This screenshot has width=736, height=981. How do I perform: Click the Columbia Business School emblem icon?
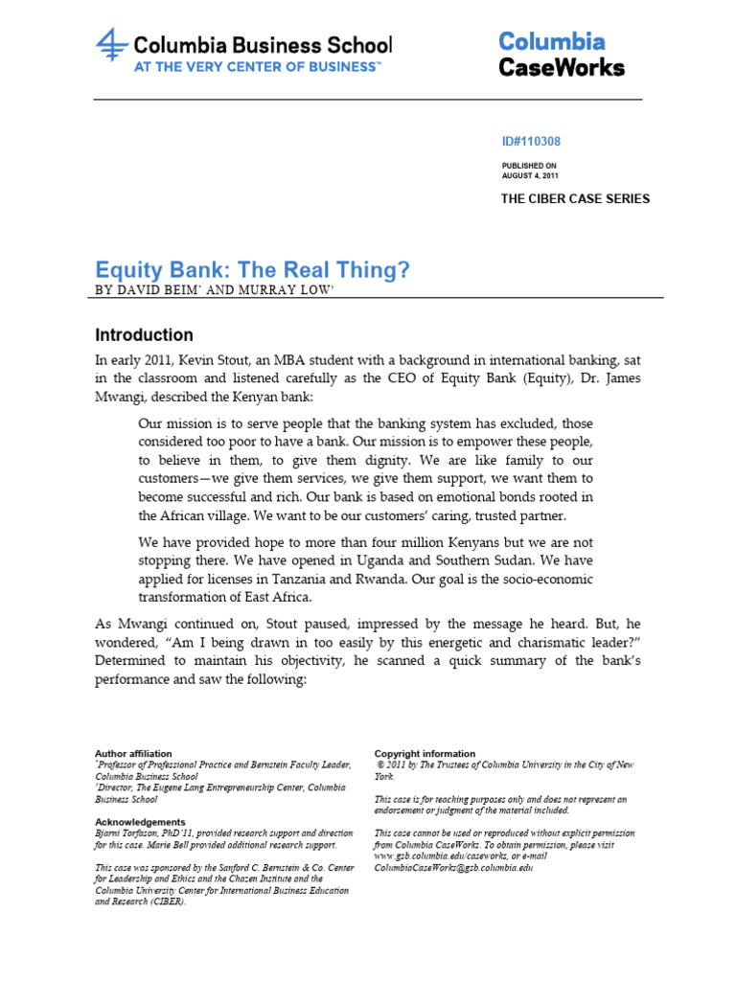click(x=111, y=47)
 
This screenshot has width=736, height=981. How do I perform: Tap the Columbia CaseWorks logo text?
click(x=561, y=55)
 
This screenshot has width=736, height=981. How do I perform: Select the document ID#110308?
click(x=531, y=142)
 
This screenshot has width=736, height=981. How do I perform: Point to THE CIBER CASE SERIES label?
click(x=575, y=199)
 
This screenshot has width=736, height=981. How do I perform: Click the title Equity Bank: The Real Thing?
click(x=252, y=271)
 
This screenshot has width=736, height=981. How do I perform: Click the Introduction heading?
click(x=144, y=335)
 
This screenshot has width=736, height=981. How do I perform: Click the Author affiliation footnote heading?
click(x=133, y=754)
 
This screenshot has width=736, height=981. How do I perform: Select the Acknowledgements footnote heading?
click(x=140, y=822)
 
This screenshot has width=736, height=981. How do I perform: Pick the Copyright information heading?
click(x=425, y=754)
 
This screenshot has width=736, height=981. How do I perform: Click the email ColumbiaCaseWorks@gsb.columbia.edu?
click(x=453, y=868)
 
